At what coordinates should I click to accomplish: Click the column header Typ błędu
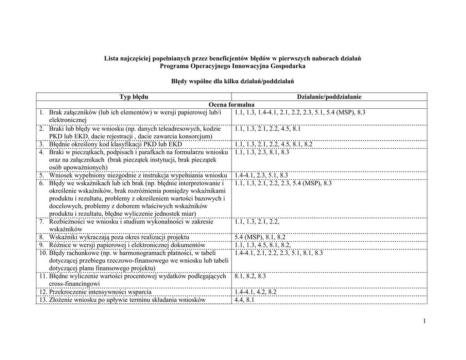point(134,96)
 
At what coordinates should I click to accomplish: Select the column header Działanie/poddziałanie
point(329,96)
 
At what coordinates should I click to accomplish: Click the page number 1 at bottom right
point(424,322)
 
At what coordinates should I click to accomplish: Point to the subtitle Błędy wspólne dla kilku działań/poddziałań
point(233,81)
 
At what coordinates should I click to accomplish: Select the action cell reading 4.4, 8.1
point(245,300)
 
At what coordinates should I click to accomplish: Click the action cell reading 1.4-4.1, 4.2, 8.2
point(256,292)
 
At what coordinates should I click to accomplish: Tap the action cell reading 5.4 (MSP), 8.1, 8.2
point(260,237)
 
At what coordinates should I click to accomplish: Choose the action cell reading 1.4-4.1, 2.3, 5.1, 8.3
point(261,175)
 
